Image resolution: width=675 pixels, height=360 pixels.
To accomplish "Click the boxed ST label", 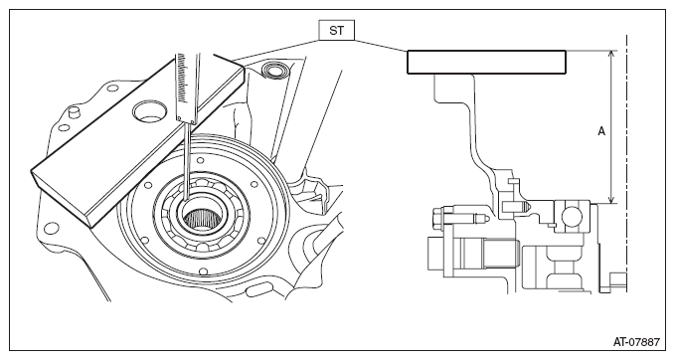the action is tap(337, 30).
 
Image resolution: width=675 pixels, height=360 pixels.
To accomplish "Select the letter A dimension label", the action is tap(601, 131).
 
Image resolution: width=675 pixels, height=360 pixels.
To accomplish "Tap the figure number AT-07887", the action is tap(636, 342).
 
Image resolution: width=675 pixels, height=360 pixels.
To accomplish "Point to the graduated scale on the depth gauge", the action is tap(183, 79).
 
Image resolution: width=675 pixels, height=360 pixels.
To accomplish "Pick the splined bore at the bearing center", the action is tap(200, 218).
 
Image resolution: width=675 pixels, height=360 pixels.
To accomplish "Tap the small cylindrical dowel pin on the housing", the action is tap(75, 112).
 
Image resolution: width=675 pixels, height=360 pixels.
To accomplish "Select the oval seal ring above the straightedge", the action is tap(273, 70).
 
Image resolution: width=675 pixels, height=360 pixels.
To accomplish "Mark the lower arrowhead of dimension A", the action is tap(610, 200).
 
